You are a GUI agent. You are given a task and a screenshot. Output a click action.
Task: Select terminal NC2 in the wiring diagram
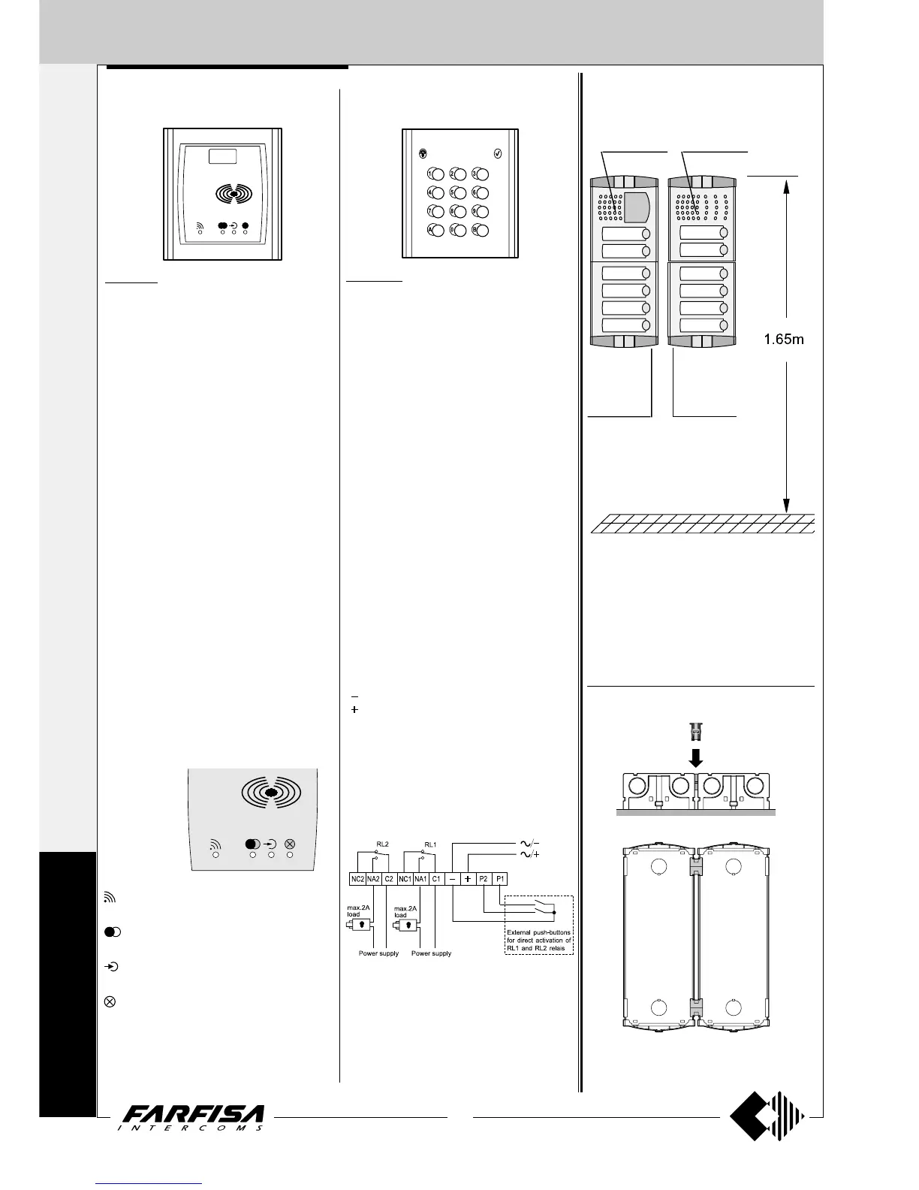pos(357,878)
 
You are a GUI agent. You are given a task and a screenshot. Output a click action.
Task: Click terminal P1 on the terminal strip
pos(500,878)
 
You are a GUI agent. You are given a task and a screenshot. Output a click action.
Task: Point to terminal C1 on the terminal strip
pos(436,878)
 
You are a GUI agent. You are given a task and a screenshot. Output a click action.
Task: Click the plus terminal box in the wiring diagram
pos(468,878)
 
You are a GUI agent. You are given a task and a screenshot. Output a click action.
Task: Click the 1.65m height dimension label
pos(784,340)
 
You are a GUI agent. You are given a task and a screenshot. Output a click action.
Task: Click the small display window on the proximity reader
pos(223,156)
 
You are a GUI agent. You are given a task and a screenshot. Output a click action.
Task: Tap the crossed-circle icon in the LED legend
pos(109,1001)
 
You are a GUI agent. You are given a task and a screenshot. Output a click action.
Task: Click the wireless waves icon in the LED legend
pos(109,897)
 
